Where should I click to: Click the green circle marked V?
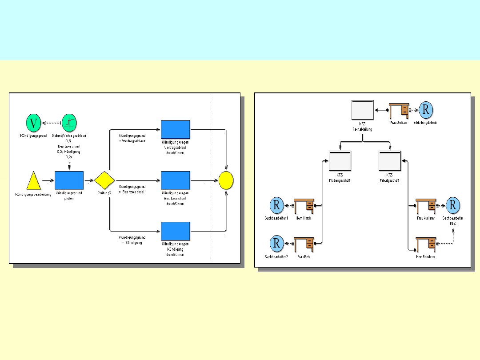[x=33, y=122]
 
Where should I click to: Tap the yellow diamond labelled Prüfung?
[x=104, y=180]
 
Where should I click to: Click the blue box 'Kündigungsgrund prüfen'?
[x=69, y=180]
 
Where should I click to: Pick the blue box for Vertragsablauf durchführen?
[x=175, y=129]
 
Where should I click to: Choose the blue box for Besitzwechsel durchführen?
[x=175, y=180]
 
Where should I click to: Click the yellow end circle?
[x=226, y=180]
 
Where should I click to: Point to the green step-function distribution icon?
[x=69, y=121]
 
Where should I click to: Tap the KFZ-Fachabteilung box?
[x=362, y=109]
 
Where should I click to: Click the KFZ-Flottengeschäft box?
[x=340, y=160]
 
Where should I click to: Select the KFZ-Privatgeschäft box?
[x=390, y=160]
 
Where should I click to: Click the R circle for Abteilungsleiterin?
[x=425, y=110]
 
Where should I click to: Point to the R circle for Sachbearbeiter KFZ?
[x=452, y=205]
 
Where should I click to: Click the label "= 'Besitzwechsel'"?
[x=133, y=192]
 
